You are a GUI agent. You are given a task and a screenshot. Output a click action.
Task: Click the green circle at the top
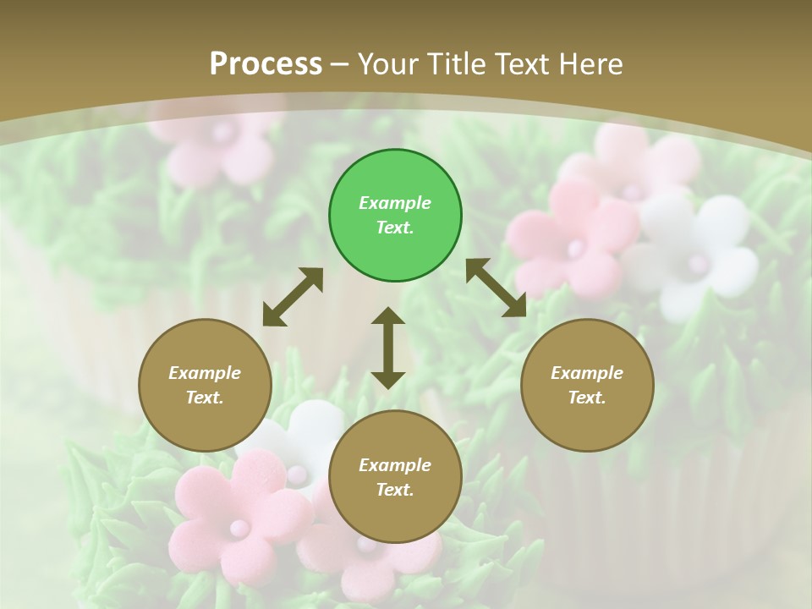[395, 216]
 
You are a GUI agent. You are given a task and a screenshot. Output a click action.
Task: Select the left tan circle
[205, 385]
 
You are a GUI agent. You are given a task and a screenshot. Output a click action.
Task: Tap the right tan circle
[587, 385]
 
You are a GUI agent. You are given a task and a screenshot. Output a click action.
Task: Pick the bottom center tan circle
[395, 477]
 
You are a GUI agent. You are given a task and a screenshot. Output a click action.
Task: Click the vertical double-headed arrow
[388, 348]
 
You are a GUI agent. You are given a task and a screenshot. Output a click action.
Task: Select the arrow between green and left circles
[293, 297]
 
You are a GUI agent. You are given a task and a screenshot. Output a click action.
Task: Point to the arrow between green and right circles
[496, 288]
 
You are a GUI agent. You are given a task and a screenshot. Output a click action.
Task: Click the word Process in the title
[266, 63]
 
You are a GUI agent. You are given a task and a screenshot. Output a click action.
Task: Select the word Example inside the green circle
[395, 203]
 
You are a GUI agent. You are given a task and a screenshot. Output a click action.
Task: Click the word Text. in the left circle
[205, 398]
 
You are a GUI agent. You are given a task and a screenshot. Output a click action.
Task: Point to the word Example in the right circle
[587, 373]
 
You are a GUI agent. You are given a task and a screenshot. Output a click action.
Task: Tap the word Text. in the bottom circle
[395, 490]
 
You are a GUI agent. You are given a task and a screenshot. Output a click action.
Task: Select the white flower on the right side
[699, 254]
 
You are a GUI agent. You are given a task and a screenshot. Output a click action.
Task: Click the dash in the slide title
[340, 64]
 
